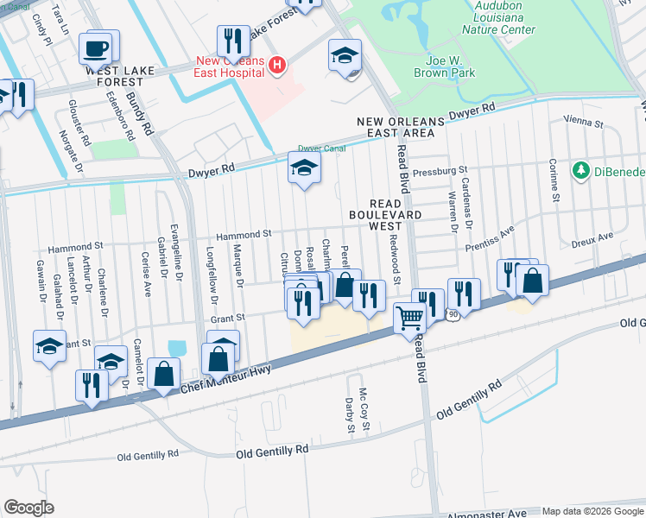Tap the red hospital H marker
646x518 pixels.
click(276, 64)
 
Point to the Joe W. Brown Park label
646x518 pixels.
click(451, 68)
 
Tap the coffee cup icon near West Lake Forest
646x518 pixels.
click(95, 48)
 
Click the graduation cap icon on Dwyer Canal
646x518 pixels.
click(303, 168)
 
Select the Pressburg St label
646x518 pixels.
click(440, 171)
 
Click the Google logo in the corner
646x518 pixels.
click(28, 508)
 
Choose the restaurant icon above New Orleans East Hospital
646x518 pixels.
click(231, 40)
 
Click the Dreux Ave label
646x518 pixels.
click(592, 236)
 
